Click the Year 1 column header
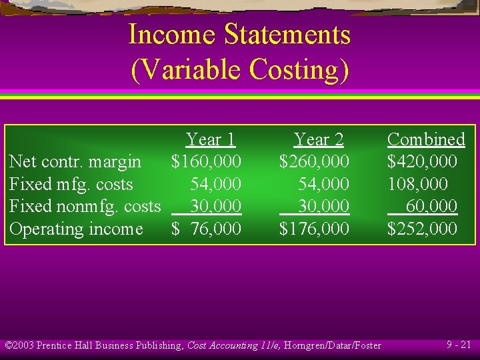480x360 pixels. (211, 139)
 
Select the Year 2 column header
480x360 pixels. (319, 139)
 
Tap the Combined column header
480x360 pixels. (426, 139)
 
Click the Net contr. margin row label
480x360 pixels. (75, 161)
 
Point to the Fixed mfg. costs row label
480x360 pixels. (71, 184)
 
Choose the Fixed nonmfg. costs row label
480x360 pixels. (85, 206)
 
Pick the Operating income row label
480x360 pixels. (75, 229)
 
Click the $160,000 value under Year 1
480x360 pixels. (206, 161)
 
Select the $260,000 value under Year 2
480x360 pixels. (314, 161)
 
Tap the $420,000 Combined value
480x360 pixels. (422, 161)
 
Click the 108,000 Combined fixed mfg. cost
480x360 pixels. (418, 184)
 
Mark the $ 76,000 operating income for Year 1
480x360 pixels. (206, 229)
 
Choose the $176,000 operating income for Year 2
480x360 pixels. (314, 229)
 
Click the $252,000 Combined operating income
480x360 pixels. (422, 229)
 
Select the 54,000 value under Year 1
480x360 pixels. (215, 184)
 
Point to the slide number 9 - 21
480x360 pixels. (459, 345)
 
